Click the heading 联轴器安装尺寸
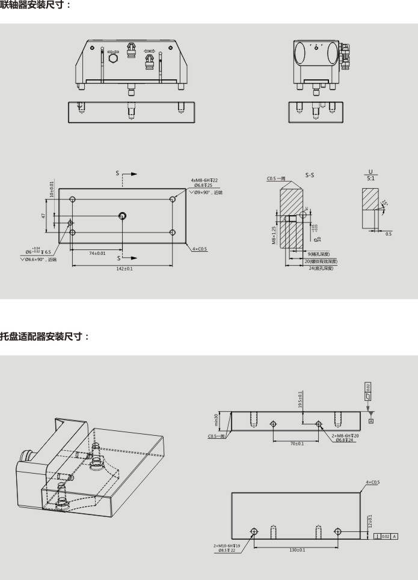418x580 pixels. pos(34,5)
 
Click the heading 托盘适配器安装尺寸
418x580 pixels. pos(44,336)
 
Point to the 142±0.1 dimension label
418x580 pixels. pos(124,269)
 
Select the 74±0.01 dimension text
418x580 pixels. pos(97,253)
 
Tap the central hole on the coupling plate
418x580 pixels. pos(123,215)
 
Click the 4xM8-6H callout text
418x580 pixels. pos(204,180)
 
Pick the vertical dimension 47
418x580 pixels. pos(44,215)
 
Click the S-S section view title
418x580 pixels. pos(310,176)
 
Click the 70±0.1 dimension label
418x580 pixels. pos(296,444)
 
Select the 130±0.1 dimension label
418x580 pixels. pos(297,549)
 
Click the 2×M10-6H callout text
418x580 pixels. pos(227,545)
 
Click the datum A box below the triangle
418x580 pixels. pos(371,421)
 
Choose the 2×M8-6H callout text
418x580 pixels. pos(346,435)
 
